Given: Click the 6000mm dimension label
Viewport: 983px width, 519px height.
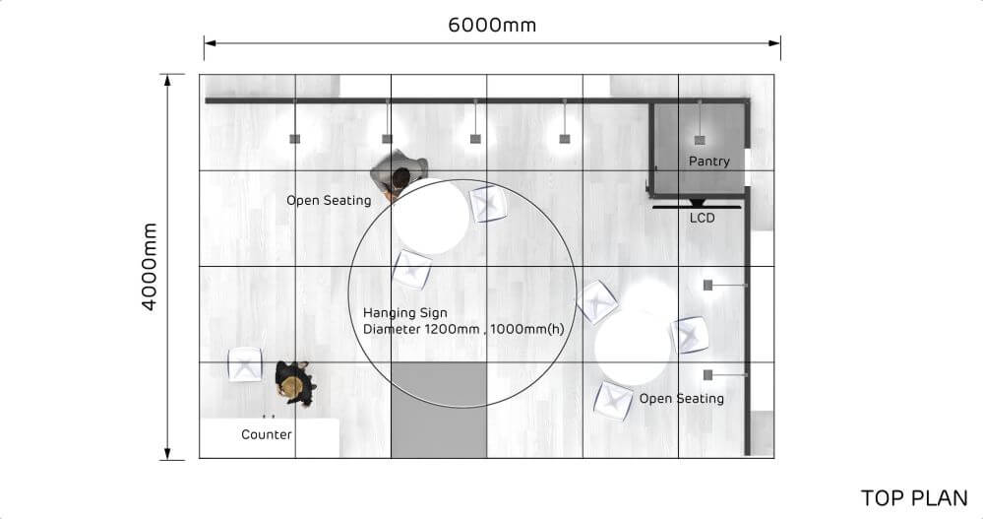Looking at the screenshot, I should tap(492, 26).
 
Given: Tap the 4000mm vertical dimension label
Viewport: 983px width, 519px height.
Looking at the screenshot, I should tap(150, 266).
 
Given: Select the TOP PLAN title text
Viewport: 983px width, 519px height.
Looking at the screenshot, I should tap(914, 498).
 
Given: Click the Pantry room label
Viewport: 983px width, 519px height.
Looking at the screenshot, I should tap(708, 161).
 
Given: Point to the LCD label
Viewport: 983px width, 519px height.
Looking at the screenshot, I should tap(702, 218).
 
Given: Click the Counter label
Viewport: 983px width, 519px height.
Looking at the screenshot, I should tap(267, 434).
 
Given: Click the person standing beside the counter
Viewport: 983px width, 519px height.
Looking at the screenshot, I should tap(293, 382).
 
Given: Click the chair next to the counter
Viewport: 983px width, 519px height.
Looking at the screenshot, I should tap(245, 364).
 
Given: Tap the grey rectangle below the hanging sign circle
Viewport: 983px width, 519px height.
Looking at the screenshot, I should tap(439, 409).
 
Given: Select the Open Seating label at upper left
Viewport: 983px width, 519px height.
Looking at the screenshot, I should tap(329, 201).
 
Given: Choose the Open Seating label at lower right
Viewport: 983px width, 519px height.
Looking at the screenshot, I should tap(681, 399).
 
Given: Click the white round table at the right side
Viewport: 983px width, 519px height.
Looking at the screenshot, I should tap(634, 347).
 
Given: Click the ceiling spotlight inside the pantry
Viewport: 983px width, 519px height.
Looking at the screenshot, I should tap(699, 140).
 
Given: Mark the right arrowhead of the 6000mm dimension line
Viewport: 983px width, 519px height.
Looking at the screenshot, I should tap(776, 42).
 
